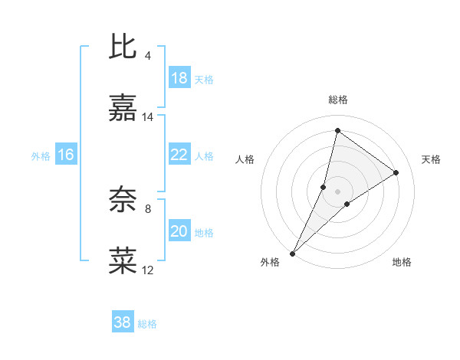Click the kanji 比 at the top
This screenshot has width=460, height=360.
123,47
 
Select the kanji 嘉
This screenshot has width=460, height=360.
123,110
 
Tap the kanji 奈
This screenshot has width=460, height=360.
123,199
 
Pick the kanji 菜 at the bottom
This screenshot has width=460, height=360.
123,261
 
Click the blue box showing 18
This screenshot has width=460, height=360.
179,78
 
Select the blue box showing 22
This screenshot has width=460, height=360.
179,155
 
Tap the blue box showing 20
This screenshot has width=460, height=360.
179,231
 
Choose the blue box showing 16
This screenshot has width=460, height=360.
66,155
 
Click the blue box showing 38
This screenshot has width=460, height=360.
122,322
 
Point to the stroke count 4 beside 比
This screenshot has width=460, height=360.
148,56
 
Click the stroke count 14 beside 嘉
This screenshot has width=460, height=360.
148,117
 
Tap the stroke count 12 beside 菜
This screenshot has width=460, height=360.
148,270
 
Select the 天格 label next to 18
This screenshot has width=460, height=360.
204,79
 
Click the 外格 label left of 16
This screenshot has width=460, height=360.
41,155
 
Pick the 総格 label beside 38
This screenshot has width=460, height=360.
147,324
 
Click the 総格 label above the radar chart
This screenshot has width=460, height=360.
337,100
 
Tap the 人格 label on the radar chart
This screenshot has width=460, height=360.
245,159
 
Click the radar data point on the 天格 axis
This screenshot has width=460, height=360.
396,172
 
